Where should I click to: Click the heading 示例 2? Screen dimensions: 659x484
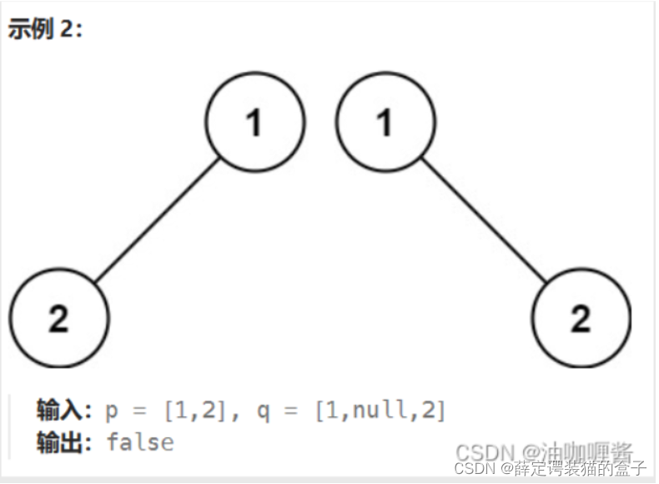pos(45,30)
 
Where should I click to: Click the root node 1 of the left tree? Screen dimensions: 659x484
pos(254,123)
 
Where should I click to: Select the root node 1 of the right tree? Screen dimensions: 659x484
pos(385,123)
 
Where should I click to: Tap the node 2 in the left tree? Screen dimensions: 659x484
pos(58,319)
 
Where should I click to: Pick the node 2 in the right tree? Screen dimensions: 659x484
pos(581,319)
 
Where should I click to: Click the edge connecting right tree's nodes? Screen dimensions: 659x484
pos(484,221)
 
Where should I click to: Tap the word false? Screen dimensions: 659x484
pos(140,442)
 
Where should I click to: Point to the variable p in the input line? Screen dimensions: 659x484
pos(113,413)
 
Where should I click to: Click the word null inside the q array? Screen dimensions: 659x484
pos(375,411)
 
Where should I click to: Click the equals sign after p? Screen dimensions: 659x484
pos(138,411)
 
